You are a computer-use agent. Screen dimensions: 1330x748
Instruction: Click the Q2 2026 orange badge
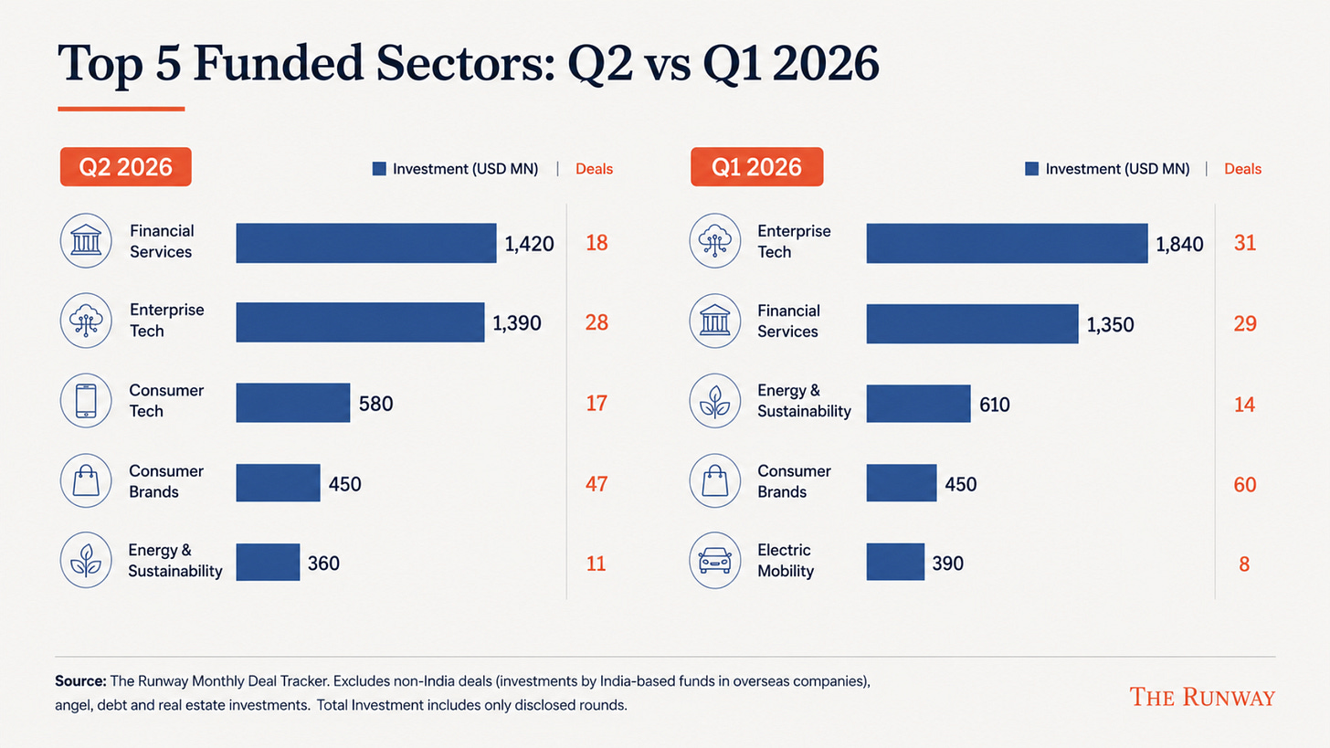(125, 167)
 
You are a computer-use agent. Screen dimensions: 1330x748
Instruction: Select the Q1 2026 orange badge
(757, 167)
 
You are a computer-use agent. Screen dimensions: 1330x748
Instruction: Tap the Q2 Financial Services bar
(365, 243)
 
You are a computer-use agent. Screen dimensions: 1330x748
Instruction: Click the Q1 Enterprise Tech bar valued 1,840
(1007, 243)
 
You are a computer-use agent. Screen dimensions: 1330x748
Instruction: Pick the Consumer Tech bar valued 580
(292, 403)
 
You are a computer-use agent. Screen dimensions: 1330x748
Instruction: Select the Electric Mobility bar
(895, 562)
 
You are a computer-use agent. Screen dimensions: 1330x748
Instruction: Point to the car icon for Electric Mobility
(715, 560)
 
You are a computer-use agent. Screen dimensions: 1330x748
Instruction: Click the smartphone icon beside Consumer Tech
(86, 401)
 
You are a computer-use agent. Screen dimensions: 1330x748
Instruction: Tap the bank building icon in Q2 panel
(86, 240)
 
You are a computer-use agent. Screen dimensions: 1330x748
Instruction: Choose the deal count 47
(596, 484)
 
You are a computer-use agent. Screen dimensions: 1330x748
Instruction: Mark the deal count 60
(1244, 484)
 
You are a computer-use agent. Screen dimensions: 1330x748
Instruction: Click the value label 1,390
(517, 323)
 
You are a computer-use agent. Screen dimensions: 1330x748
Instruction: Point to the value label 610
(995, 405)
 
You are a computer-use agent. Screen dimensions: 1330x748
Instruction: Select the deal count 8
(1244, 564)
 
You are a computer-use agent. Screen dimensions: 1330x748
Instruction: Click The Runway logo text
(1202, 697)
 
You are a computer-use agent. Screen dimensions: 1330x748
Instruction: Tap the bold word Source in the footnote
(80, 681)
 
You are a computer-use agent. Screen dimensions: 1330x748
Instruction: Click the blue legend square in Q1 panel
(1032, 169)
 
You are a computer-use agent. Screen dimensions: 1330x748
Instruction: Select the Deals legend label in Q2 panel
(594, 169)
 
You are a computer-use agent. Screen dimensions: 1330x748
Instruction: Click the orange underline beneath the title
(121, 109)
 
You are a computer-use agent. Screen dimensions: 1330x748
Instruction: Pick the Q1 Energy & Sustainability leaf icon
(715, 401)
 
